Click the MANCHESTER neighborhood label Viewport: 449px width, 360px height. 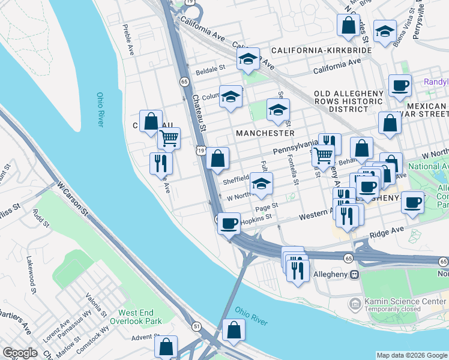265,133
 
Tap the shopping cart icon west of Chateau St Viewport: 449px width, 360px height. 169,139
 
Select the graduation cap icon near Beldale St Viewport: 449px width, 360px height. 247,59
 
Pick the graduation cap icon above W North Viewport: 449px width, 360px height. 261,184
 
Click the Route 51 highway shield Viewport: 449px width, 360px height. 196,326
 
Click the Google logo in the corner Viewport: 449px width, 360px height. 20,353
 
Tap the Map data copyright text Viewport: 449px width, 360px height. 412,355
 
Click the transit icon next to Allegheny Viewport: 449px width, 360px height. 354,274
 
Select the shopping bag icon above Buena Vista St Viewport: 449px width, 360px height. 348,25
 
